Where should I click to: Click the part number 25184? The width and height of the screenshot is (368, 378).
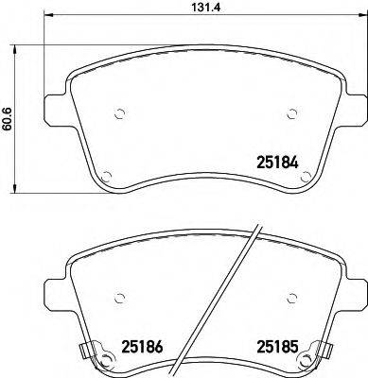[278, 162]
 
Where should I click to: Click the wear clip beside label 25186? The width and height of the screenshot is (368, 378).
[90, 355]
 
